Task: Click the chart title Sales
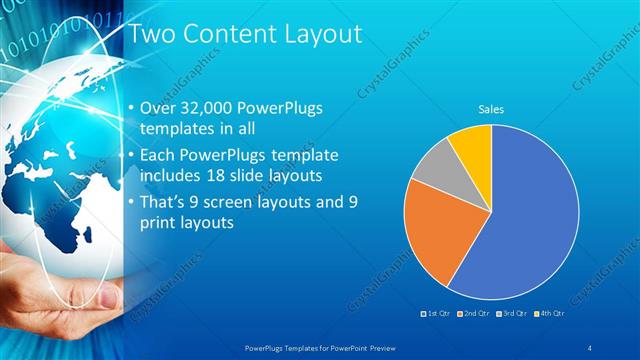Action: click(x=491, y=109)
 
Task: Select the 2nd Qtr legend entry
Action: click(x=474, y=314)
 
